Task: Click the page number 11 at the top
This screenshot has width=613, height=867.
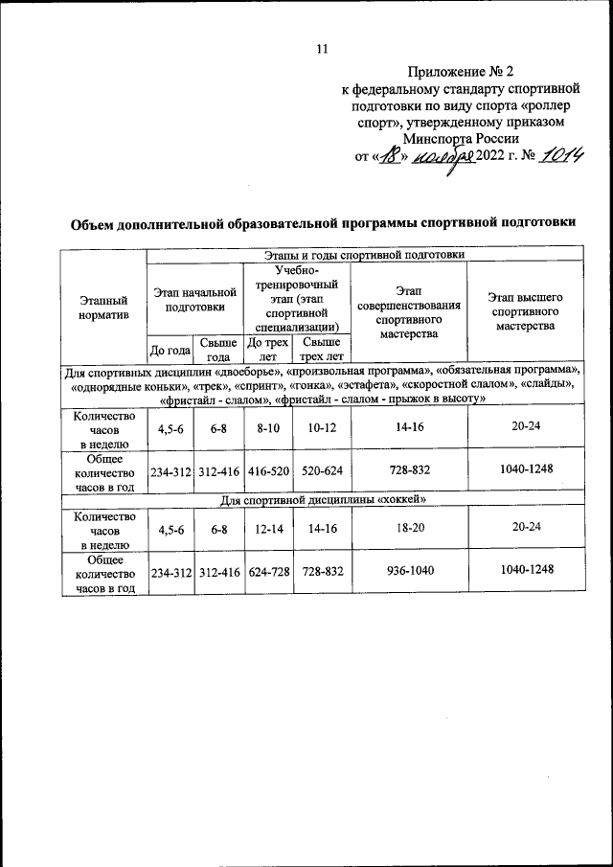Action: click(322, 49)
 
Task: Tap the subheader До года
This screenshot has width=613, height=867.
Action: click(170, 351)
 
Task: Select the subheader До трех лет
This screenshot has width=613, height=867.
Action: click(267, 349)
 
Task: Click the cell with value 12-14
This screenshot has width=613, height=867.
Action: click(268, 529)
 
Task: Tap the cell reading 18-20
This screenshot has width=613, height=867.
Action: click(410, 529)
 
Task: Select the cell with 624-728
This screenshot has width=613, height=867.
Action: click(268, 572)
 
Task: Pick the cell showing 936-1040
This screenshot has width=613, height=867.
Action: click(410, 572)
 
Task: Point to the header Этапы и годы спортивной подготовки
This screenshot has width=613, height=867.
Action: click(364, 255)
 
